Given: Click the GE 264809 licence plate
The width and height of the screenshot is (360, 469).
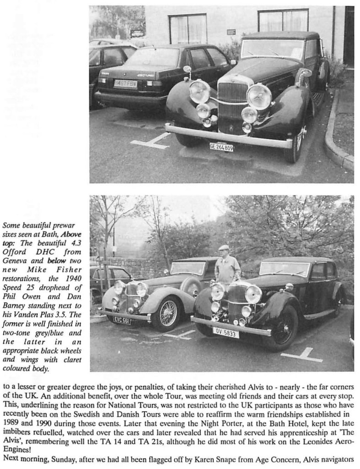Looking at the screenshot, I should coord(221,147).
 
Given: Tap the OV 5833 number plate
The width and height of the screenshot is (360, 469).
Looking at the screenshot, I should coord(225,332).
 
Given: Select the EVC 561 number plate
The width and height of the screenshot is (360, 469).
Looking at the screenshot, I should coord(122,320).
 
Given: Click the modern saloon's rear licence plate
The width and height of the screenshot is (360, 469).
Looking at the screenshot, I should coord(125,84).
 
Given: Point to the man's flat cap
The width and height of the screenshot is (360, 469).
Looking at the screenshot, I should coord(224,248).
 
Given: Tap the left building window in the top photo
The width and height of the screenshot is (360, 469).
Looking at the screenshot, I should coord(187,28).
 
